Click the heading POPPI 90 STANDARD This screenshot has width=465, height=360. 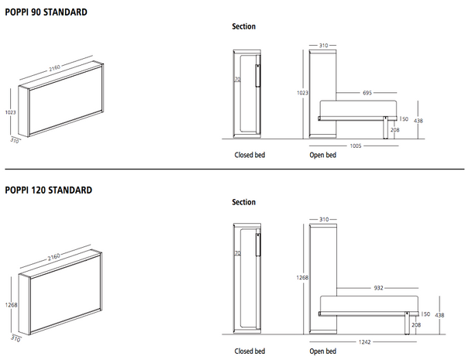pyautogui.click(x=46, y=13)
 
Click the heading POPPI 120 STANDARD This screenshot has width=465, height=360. pyautogui.click(x=49, y=190)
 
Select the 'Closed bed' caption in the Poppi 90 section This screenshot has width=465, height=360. pyautogui.click(x=250, y=156)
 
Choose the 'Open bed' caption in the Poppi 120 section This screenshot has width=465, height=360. pyautogui.click(x=322, y=351)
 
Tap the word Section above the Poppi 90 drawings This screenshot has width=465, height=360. pyautogui.click(x=244, y=26)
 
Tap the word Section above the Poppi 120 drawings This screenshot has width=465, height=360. pyautogui.click(x=244, y=203)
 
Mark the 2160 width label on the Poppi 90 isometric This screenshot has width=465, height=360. pyautogui.click(x=56, y=68)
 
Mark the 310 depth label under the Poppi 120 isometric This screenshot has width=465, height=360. pyautogui.click(x=15, y=338)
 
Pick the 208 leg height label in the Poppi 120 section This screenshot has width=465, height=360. pyautogui.click(x=418, y=326)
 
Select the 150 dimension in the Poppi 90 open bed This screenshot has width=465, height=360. pyautogui.click(x=403, y=118)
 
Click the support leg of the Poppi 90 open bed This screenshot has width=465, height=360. pyautogui.click(x=385, y=129)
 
